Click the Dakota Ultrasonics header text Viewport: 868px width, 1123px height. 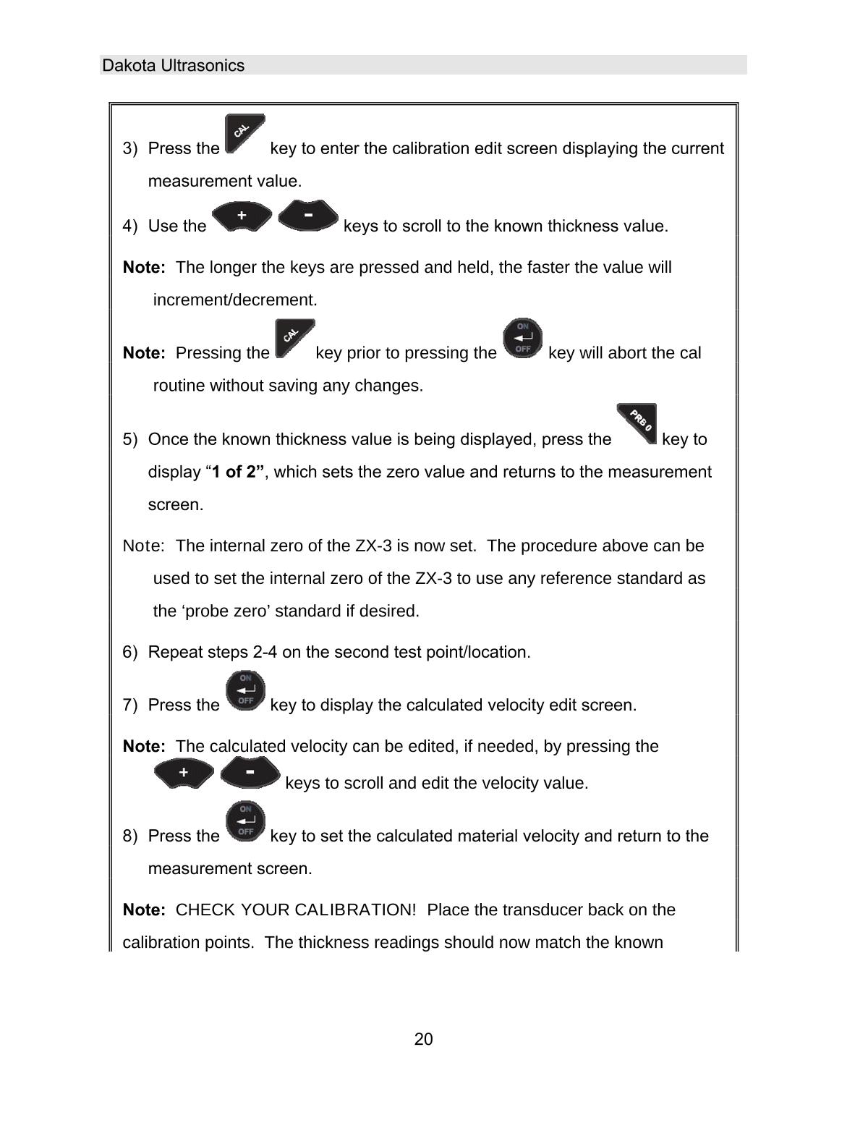click(173, 66)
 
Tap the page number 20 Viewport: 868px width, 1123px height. click(423, 1040)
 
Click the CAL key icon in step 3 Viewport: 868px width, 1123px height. click(244, 134)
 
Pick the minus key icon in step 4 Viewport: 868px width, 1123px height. click(308, 216)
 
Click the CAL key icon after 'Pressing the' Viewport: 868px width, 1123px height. click(294, 339)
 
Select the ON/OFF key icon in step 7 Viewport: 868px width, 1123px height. click(245, 690)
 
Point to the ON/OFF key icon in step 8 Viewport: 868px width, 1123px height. click(245, 821)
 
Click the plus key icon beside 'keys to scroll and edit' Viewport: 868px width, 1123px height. click(184, 773)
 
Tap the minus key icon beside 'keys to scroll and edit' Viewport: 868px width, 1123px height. click(250, 772)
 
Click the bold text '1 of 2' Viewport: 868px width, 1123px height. click(237, 472)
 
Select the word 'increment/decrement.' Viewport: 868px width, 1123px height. click(235, 300)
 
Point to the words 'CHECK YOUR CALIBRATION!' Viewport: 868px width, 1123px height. click(296, 910)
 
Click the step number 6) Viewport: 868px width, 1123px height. click(130, 653)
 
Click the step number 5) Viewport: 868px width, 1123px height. click(130, 440)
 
